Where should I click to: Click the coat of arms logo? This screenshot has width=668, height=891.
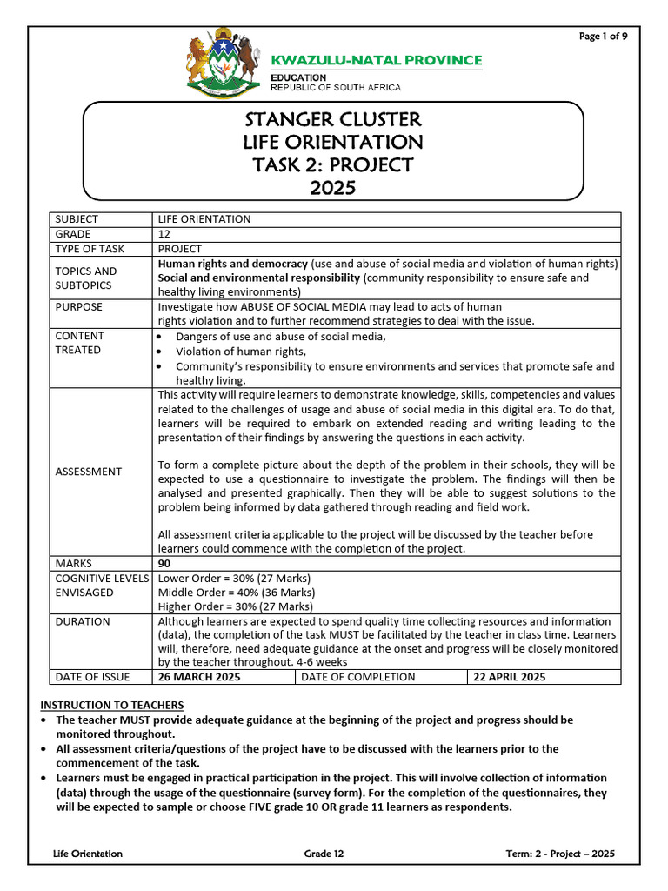224,66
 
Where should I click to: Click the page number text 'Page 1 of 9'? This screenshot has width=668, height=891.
604,36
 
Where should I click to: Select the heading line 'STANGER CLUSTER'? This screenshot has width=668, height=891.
333,119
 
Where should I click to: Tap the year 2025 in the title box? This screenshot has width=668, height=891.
333,187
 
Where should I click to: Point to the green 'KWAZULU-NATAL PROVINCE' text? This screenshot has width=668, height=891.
377,60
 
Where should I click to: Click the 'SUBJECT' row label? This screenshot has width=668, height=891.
77,219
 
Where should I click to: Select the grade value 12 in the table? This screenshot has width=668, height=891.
164,234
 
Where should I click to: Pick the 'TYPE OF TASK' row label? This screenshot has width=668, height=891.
90,249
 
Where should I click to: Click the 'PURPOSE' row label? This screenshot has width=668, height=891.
78,307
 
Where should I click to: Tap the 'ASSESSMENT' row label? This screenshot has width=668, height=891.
89,472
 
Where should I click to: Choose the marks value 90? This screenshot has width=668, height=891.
164,564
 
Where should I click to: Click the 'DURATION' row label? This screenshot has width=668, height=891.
83,622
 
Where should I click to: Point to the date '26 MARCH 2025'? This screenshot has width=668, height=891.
199,677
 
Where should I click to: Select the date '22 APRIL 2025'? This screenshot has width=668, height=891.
509,677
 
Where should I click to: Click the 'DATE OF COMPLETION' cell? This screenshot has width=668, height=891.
358,677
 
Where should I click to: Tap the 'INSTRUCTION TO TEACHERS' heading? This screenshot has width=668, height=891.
112,705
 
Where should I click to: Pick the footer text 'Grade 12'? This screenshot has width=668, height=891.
324,854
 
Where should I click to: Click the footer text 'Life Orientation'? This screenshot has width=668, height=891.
88,854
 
